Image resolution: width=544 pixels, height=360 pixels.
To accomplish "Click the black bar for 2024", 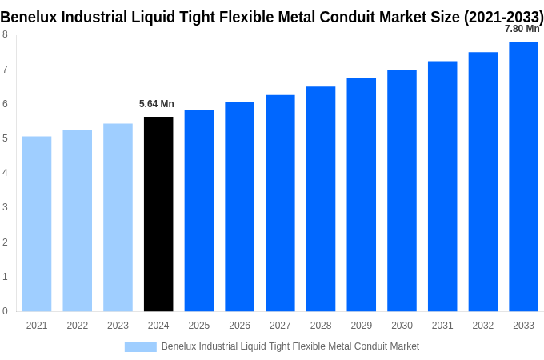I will point(158,214).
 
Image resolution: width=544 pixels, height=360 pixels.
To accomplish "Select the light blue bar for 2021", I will point(37,223).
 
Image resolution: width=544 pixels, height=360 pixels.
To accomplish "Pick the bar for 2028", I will point(321,198).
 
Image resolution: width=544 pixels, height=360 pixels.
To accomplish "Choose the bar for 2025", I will point(199,210).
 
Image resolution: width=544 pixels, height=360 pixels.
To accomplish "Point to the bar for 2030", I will point(402,190).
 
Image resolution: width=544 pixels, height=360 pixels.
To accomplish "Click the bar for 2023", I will point(118,217).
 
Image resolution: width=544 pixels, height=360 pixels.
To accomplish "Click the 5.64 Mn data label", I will point(157,104).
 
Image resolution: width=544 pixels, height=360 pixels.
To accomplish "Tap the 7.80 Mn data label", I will point(522,29).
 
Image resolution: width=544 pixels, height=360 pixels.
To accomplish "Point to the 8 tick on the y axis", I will point(5,34).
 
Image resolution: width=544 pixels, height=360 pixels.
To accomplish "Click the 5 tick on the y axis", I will point(5,138).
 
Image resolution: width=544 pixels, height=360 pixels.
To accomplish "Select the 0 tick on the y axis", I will point(5,311).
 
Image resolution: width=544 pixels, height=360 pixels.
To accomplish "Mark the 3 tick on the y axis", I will point(5,207).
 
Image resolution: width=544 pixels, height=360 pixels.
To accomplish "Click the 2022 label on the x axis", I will point(78,326).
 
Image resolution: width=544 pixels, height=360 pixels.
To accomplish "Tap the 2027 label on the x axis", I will point(280,326).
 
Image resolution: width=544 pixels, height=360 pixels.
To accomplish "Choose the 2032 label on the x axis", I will point(483,326).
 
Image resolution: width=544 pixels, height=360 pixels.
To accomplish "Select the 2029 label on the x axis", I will point(362,326).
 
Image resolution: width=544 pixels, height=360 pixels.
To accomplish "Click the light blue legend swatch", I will point(140,346).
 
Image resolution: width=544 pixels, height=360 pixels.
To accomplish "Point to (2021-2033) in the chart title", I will point(503,17).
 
